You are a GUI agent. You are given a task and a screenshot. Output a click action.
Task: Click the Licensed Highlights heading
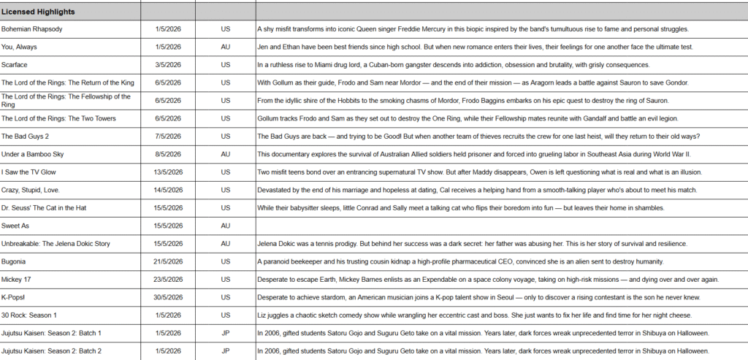tap(38, 12)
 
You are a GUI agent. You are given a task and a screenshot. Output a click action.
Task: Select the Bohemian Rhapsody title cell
tap(31, 29)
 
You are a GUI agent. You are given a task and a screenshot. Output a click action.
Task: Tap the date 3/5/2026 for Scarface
tap(167, 65)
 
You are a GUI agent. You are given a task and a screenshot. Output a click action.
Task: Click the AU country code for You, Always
tap(225, 47)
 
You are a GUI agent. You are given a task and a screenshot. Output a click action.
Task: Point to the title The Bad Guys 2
tap(26, 137)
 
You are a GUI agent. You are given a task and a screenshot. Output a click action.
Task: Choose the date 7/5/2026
tap(167, 137)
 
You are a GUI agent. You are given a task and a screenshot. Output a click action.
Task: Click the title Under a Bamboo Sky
tap(33, 154)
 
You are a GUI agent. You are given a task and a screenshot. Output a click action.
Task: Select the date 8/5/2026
tap(167, 154)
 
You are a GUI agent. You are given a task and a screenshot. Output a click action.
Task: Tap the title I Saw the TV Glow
tap(29, 172)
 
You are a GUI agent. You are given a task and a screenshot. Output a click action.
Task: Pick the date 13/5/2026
tap(167, 172)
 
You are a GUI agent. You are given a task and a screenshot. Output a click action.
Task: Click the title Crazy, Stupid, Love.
tap(31, 190)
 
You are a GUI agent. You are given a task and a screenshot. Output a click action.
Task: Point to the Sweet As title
tap(15, 226)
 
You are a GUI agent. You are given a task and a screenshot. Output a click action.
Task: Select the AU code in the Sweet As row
tap(225, 226)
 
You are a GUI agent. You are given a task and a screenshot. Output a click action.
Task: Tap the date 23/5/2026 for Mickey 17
tap(167, 279)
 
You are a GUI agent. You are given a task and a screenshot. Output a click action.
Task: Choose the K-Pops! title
tap(15, 297)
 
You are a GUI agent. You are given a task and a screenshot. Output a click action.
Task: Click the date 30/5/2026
tap(167, 297)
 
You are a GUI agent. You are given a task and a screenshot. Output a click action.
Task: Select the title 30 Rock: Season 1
tap(28, 315)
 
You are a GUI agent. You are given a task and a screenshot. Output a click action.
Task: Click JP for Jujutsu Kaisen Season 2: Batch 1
tap(225, 333)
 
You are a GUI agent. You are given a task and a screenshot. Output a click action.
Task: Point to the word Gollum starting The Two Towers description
tap(268, 118)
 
